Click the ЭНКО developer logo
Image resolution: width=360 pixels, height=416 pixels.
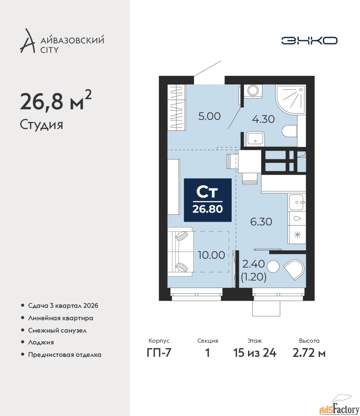tap(309, 41)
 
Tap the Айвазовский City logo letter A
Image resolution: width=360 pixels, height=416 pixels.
tap(27, 41)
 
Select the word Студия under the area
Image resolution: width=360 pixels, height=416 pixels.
tap(42, 125)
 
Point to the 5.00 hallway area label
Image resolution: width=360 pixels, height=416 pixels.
tap(209, 116)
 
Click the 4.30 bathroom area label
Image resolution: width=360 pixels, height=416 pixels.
tap(263, 119)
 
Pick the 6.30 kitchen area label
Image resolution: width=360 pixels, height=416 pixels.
tap(261, 222)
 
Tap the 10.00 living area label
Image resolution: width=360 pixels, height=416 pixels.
tap(211, 255)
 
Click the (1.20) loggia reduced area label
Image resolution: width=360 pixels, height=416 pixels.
tap(254, 277)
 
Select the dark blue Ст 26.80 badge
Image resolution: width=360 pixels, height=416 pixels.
tap(208, 200)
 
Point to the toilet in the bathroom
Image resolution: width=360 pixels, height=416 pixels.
tap(290, 131)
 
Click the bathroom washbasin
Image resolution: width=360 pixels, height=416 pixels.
tap(255, 139)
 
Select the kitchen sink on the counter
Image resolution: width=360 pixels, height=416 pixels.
tap(296, 202)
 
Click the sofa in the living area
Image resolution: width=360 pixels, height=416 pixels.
tap(180, 252)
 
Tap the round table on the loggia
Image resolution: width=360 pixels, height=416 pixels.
tap(273, 266)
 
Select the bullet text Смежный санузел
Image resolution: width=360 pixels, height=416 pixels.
tap(57, 331)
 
